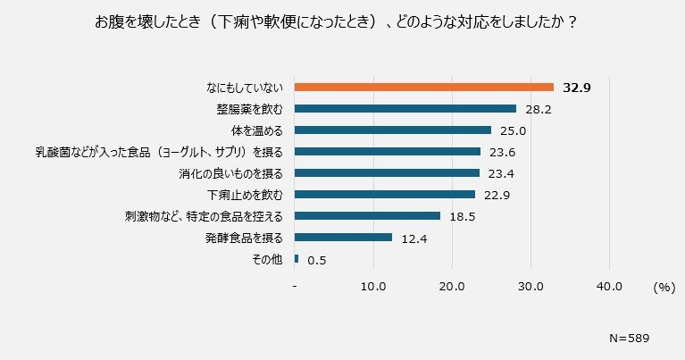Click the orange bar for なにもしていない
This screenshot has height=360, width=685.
pos(424,88)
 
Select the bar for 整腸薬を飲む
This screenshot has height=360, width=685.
pos(405,109)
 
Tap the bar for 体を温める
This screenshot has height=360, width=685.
pos(393,130)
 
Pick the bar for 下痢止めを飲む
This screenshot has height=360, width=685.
pos(385,195)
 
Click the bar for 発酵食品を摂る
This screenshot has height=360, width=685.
pos(344,238)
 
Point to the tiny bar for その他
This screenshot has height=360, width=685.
pos(297,259)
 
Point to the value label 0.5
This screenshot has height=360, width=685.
pos(316,260)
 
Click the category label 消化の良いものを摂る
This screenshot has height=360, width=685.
pos(231,173)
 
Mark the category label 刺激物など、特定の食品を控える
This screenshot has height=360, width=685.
pos(205,216)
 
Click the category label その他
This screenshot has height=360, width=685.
pos(269,259)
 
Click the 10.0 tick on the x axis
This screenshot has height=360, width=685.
pos(372,287)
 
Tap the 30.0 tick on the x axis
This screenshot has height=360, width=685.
pos(530,287)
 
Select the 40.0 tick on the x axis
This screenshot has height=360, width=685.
pos(609,287)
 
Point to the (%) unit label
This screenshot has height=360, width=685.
pos(664,287)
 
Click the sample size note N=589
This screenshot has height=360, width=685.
pos(628,339)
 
